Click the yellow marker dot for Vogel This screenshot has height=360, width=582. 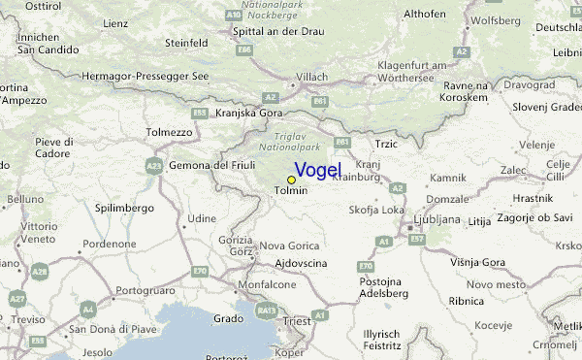[291, 180]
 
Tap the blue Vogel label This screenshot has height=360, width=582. [317, 171]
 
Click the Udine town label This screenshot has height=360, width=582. [202, 218]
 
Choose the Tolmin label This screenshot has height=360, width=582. [291, 190]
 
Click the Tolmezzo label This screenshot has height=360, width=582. [170, 132]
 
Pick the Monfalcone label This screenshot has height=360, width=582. [268, 284]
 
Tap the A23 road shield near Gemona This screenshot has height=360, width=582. [154, 167]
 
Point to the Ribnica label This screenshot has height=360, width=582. [467, 302]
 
